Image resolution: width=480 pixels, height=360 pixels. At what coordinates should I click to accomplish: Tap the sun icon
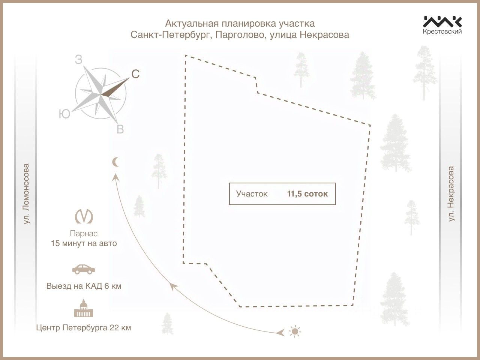point(295,331)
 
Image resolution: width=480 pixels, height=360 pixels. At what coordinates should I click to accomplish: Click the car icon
point(84,269)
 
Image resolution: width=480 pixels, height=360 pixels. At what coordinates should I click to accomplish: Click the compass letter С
point(135,75)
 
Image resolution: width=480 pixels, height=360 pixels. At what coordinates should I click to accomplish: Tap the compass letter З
point(78,60)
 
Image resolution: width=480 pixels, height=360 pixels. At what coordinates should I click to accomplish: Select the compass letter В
point(120,130)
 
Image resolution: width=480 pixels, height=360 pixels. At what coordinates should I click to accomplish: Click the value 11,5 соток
point(307,194)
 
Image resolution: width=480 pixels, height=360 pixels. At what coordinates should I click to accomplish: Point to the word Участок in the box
point(252,194)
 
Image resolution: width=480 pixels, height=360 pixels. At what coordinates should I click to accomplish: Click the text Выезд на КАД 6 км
point(84,286)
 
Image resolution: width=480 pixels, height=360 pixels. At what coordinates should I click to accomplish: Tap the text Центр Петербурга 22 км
point(84,328)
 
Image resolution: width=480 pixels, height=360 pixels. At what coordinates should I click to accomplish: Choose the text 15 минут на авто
point(84,243)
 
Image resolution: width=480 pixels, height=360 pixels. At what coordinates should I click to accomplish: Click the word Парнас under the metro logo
point(84,234)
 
